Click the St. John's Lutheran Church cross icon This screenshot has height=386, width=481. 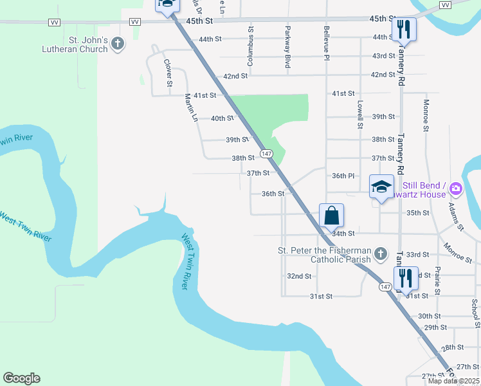(x=117, y=44)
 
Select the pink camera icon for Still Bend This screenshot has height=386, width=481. (x=455, y=188)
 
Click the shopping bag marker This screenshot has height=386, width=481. (x=331, y=215)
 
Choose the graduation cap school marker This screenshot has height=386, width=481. (x=381, y=187)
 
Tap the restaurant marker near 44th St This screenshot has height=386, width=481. (x=404, y=29)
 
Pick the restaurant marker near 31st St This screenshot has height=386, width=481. (x=405, y=278)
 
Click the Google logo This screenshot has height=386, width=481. (x=21, y=378)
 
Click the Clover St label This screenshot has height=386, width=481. (x=168, y=73)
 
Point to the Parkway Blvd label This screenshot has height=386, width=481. (x=287, y=46)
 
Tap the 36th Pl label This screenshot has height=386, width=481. (x=343, y=176)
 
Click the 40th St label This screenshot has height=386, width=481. (x=222, y=118)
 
